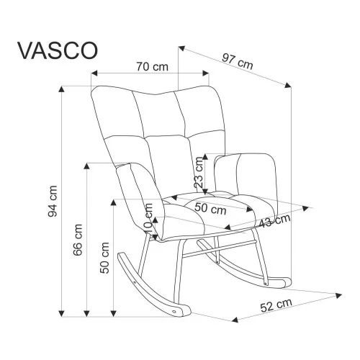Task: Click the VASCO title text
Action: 58,51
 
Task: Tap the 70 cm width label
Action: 152,66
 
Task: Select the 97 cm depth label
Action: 238,62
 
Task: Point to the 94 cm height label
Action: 53,202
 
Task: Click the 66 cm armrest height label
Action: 78,240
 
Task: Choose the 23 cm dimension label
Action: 199,172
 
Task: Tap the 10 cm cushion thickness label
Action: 148,218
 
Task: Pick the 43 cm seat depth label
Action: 275,221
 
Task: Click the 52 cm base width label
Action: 276,305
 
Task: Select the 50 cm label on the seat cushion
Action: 210,208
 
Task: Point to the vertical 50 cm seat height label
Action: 104,258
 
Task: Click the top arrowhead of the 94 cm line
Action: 62,89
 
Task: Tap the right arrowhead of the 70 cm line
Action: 206,73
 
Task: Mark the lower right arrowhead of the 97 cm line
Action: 288,85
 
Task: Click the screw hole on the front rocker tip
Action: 174,312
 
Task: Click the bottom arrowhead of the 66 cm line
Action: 86,313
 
